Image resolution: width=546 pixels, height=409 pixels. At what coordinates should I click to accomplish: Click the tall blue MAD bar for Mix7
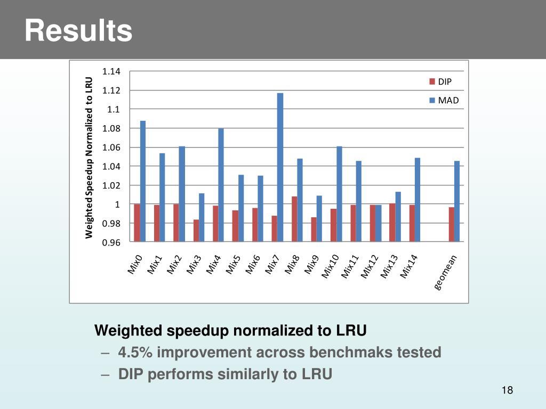280,167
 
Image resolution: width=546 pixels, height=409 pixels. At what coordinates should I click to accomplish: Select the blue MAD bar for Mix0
143,181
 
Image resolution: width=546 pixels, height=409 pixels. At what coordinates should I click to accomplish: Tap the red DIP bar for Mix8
294,219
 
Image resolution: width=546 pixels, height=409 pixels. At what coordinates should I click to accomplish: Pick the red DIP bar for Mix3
196,231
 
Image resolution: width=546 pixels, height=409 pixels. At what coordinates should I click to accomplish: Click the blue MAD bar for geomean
457,201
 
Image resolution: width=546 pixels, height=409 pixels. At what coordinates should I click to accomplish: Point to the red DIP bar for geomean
451,224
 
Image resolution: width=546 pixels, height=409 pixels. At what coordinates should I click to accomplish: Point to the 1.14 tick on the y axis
111,71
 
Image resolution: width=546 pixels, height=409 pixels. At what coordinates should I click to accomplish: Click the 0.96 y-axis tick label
111,243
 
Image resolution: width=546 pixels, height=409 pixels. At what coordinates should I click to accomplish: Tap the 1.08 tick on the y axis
111,128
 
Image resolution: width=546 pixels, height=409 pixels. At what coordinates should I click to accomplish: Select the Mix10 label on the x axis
331,266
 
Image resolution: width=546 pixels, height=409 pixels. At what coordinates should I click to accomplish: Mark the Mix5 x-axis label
234,265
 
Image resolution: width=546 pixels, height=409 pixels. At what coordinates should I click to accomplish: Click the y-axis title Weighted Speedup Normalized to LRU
89,158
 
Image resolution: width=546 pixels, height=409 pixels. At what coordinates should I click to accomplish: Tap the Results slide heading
78,30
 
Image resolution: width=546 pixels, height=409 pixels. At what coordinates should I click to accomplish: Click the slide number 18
507,391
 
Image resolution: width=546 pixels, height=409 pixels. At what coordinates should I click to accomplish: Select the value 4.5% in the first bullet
135,353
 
